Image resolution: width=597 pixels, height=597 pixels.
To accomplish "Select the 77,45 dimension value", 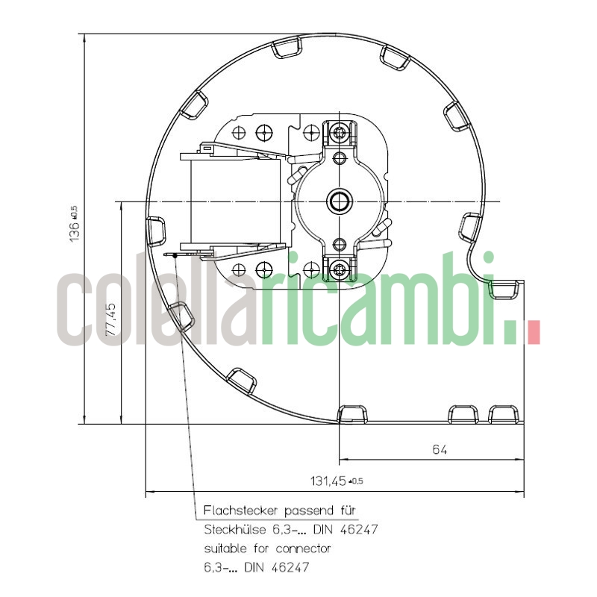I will click(111, 319).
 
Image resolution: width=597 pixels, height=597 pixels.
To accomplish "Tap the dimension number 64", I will click(440, 449).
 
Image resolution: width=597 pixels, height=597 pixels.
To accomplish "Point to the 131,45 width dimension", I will click(328, 481).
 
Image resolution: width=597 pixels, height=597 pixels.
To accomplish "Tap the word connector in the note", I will click(303, 548).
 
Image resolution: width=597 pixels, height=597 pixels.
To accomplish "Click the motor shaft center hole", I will click(340, 201).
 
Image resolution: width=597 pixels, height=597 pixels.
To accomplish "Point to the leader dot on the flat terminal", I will click(175, 255).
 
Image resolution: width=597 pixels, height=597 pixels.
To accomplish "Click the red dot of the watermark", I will click(532, 333).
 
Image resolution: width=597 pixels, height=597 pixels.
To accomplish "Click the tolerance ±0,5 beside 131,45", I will click(357, 481).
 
